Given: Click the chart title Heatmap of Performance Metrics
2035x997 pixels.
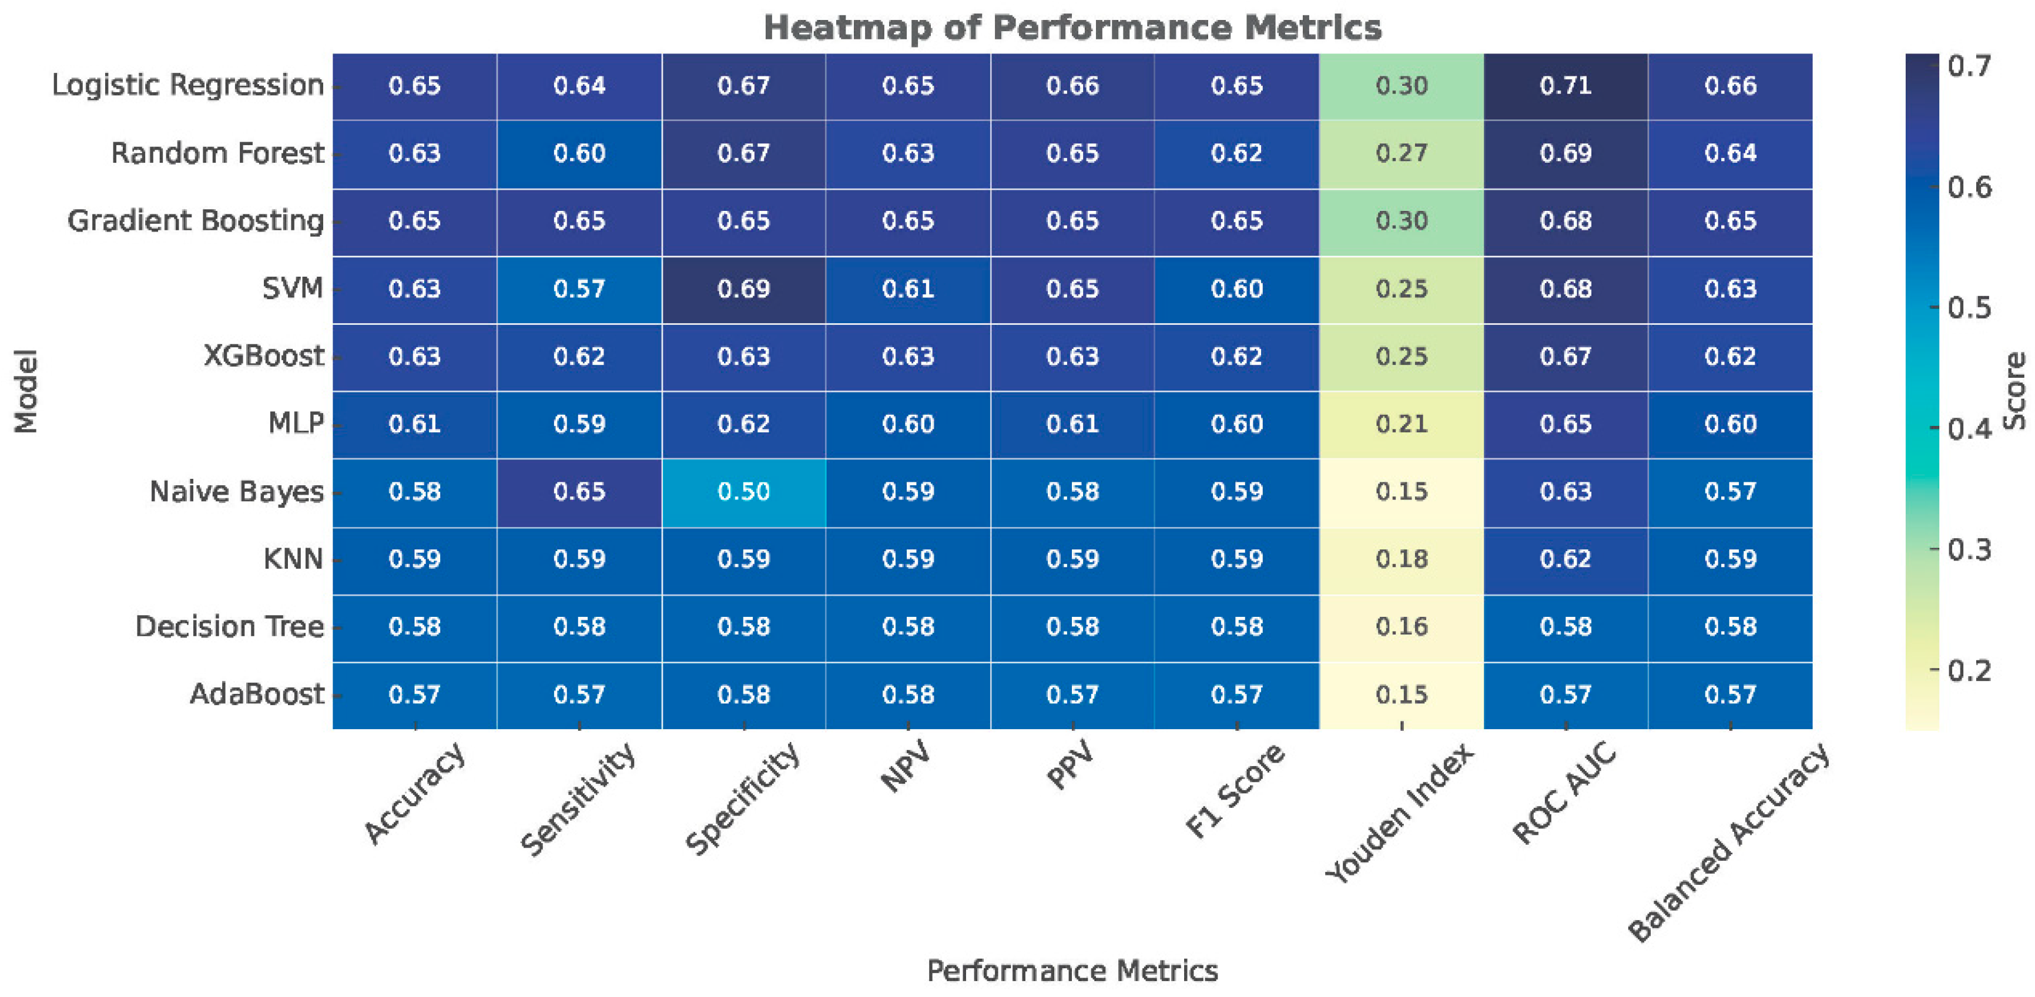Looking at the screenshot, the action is point(1072,28).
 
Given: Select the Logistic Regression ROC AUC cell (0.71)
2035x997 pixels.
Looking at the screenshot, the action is point(1565,86).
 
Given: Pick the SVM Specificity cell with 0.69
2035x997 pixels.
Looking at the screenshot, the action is point(743,289).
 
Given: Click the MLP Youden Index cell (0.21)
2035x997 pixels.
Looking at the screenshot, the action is point(1402,424).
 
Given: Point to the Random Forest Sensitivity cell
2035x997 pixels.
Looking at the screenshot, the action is point(579,153).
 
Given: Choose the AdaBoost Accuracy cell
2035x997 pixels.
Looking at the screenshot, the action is point(415,695).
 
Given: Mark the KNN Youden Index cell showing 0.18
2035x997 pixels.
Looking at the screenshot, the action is point(1402,560).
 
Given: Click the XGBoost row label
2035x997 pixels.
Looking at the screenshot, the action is point(264,356).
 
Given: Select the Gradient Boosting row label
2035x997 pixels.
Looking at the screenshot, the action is point(196,221).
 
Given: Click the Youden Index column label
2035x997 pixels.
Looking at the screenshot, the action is point(1399,813).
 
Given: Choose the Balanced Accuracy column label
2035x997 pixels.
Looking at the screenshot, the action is point(1728,842).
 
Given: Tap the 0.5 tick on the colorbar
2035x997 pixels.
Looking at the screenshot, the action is point(1933,307).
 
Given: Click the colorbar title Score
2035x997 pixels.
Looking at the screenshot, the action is point(2015,392).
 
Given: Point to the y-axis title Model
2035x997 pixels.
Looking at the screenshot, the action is point(26,392).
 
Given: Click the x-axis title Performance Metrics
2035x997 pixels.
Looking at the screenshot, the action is point(1072,971).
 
